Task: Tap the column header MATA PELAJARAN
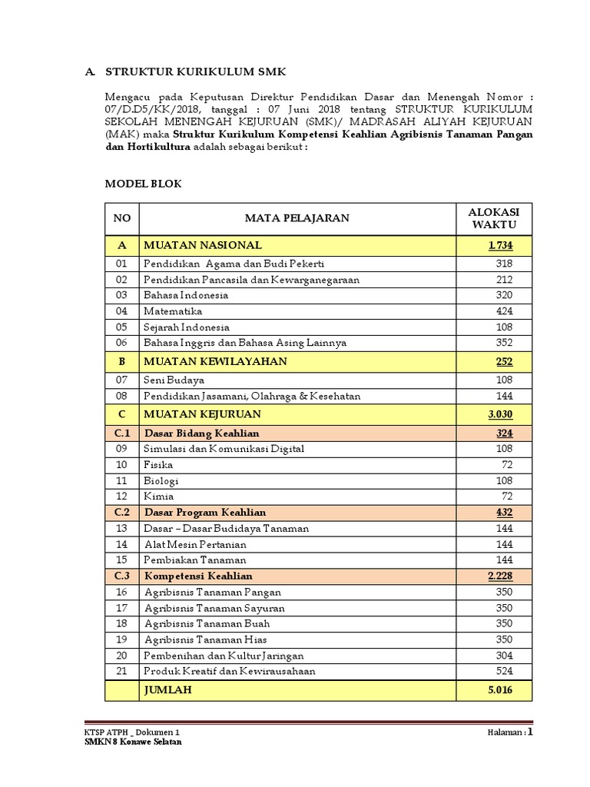click(x=297, y=218)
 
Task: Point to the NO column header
click(x=122, y=218)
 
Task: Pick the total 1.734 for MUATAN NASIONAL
click(x=499, y=245)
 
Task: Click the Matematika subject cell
click(x=173, y=311)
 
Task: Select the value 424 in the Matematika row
click(x=503, y=311)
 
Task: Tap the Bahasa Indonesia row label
click(x=186, y=295)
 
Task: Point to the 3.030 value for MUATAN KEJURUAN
click(x=499, y=414)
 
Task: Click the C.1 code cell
click(x=122, y=433)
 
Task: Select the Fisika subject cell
click(x=158, y=465)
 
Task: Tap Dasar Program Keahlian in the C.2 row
click(x=205, y=512)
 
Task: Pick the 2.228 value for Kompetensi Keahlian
click(x=499, y=576)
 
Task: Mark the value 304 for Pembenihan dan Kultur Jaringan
click(x=503, y=656)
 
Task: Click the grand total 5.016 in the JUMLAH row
click(x=499, y=690)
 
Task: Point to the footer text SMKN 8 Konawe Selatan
click(x=133, y=742)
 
